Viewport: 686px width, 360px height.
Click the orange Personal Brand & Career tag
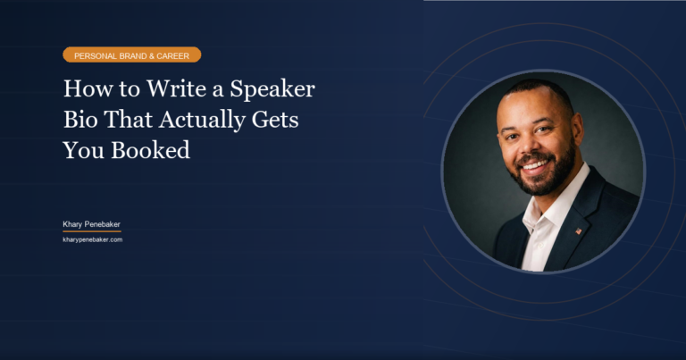(131, 55)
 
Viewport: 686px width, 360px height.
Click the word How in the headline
(85, 89)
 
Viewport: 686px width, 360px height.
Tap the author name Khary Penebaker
(91, 223)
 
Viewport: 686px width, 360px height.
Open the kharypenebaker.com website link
(92, 239)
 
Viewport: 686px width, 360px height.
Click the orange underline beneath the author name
(91, 231)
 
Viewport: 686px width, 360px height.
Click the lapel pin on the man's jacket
(578, 230)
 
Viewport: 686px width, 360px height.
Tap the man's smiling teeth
(536, 165)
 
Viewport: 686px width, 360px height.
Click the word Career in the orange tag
(176, 55)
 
